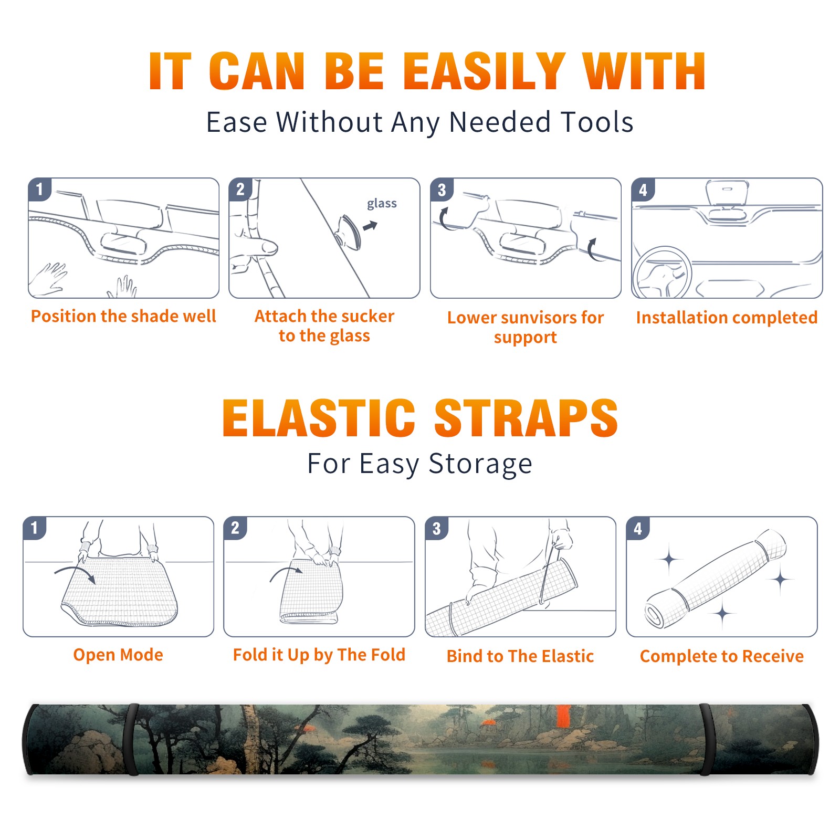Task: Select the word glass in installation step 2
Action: (x=382, y=204)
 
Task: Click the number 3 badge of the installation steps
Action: (x=442, y=190)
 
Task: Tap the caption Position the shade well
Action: (x=123, y=316)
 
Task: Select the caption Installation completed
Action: (x=727, y=318)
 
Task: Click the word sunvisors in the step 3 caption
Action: (x=532, y=318)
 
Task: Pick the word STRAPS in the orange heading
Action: (x=526, y=418)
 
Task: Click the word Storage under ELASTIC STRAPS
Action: (x=480, y=464)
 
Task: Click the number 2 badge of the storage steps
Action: (x=235, y=528)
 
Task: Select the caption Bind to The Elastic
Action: (x=520, y=656)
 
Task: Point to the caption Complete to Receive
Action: (x=721, y=656)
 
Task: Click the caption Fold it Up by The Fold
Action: (x=319, y=655)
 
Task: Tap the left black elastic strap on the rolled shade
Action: (x=133, y=739)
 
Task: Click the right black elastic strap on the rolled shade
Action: (x=705, y=739)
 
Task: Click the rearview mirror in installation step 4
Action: (x=727, y=193)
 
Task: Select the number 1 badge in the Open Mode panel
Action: (x=35, y=528)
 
